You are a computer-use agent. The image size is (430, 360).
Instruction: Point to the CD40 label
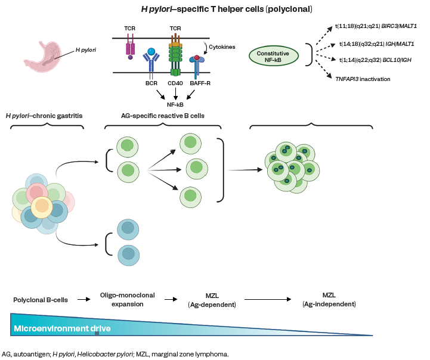pos(175,85)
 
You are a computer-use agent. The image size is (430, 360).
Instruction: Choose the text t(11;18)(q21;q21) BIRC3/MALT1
pos(375,26)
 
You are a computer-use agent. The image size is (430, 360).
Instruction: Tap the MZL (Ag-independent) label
pos(329,300)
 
